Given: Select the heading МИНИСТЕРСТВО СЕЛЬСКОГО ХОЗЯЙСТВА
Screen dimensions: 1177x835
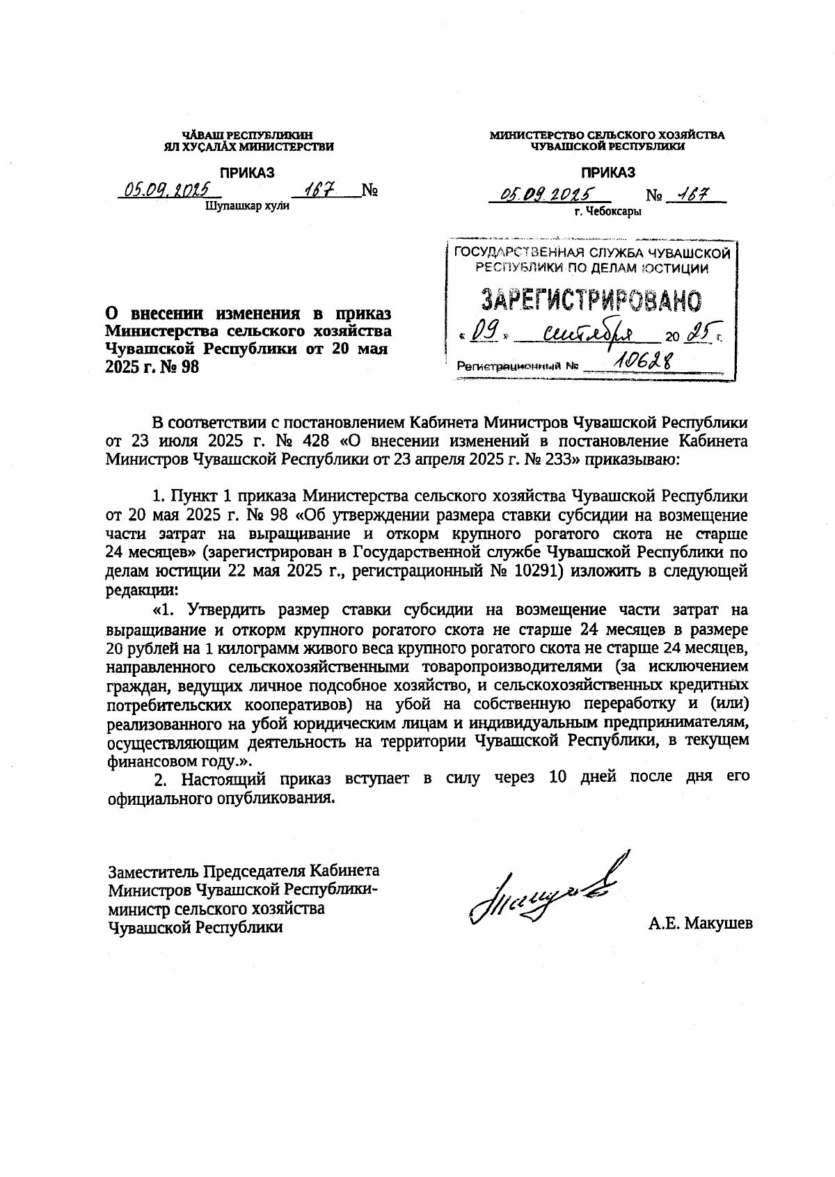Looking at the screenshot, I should [x=607, y=135].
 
